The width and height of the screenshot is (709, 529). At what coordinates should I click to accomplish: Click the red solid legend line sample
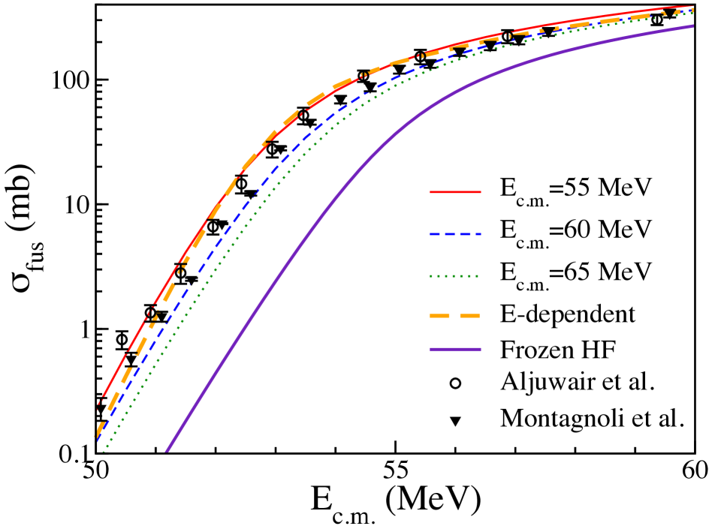click(455, 192)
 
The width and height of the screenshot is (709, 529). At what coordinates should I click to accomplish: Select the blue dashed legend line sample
click(455, 234)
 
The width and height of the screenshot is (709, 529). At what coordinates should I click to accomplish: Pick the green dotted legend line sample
click(455, 276)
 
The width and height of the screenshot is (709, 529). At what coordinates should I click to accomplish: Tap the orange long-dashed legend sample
click(455, 316)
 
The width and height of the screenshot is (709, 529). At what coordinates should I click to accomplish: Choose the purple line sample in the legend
click(455, 349)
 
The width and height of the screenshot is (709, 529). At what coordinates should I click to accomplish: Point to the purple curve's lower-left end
click(167, 451)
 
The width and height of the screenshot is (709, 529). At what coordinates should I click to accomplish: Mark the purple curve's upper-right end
click(692, 26)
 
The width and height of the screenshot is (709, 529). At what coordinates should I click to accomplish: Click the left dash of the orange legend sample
click(439, 316)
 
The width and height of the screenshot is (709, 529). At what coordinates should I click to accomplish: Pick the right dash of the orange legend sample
click(469, 316)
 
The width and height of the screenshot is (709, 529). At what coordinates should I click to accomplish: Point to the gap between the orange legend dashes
click(454, 316)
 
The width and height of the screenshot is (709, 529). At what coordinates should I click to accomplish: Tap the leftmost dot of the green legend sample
click(432, 276)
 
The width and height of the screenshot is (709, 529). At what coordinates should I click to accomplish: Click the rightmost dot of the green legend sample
click(478, 276)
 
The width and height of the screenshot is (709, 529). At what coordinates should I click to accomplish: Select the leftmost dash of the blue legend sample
click(434, 234)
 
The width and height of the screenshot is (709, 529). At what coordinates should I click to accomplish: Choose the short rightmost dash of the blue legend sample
click(478, 234)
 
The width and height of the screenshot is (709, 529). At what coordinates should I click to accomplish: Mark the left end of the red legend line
click(431, 192)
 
